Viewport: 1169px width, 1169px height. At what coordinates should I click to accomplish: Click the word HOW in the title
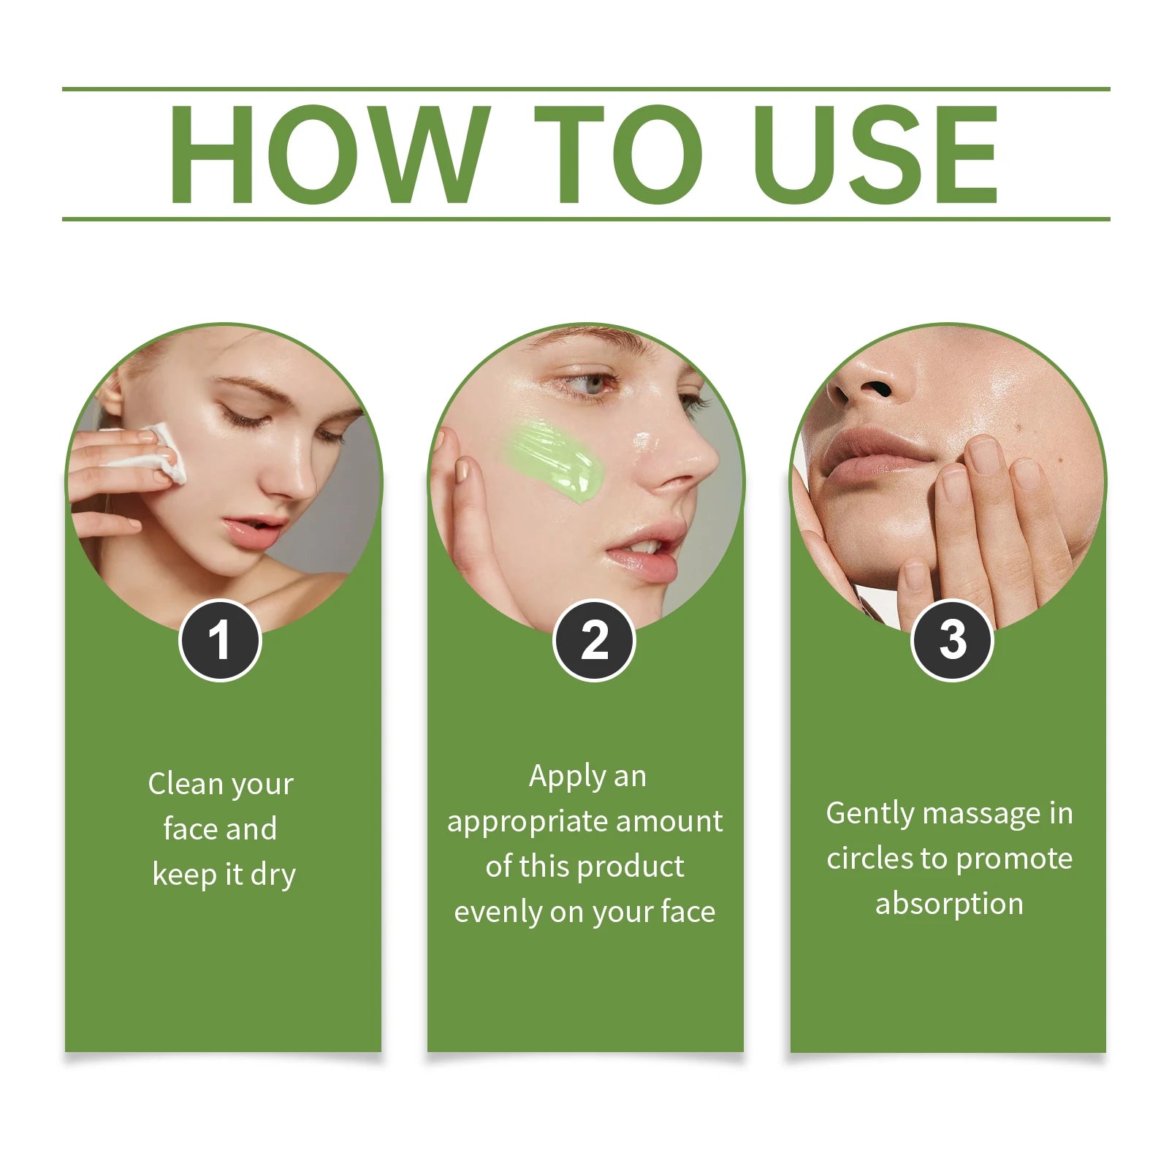(x=330, y=154)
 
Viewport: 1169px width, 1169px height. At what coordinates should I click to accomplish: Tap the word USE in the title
(x=876, y=154)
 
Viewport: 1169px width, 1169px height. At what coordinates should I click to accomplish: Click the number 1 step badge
(x=220, y=641)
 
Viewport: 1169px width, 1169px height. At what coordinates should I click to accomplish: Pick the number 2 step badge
(x=594, y=641)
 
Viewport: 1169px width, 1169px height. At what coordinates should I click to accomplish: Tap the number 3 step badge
(x=952, y=641)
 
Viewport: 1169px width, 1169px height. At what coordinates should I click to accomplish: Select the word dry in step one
(x=273, y=875)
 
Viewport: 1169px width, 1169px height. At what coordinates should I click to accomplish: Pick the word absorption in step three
(x=949, y=905)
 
